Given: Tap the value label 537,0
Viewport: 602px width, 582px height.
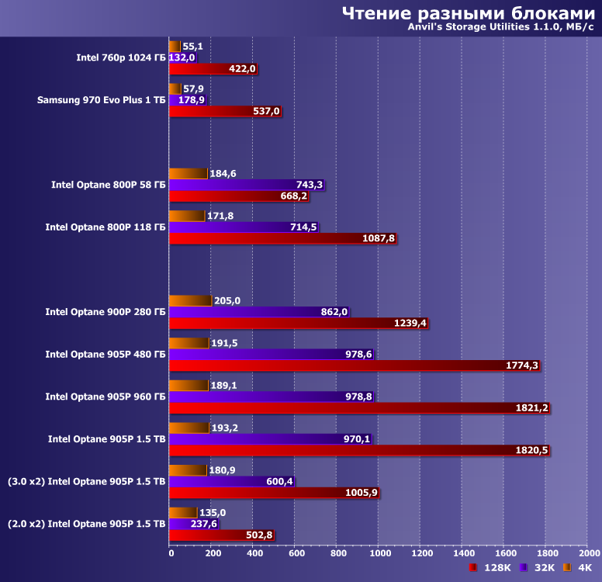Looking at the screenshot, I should pyautogui.click(x=266, y=112).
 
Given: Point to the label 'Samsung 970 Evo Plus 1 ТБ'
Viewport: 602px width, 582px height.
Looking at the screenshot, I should pyautogui.click(x=102, y=100).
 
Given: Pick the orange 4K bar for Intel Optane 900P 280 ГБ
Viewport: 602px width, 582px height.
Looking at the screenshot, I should pyautogui.click(x=190, y=301).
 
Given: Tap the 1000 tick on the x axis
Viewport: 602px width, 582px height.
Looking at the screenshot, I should pyautogui.click(x=379, y=553).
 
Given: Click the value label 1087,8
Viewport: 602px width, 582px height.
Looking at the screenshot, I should pyautogui.click(x=379, y=239).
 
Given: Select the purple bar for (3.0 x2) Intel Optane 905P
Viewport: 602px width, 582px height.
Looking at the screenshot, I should pyautogui.click(x=230, y=481).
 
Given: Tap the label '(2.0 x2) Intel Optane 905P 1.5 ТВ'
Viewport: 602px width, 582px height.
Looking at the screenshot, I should pyautogui.click(x=87, y=524).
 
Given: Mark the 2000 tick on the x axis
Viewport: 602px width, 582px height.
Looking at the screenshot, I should pyautogui.click(x=588, y=553).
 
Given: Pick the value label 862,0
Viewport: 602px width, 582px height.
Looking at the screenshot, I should pyautogui.click(x=334, y=312).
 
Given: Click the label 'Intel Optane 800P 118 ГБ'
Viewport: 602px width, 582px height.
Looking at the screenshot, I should pyautogui.click(x=106, y=227).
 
